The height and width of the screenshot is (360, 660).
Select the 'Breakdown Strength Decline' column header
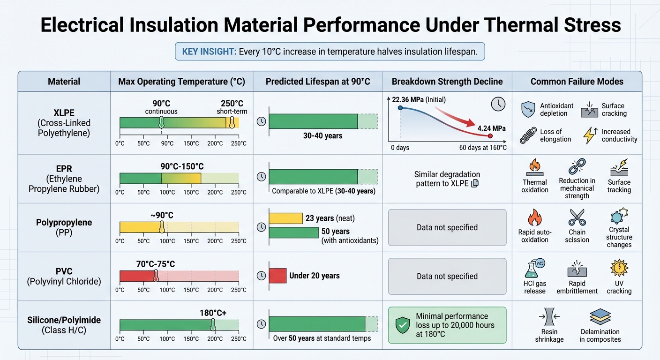[447, 82]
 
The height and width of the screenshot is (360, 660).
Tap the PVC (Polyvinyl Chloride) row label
[64, 276]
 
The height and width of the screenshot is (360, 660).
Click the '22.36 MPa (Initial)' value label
[419, 99]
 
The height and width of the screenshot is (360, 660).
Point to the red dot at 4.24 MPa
[490, 136]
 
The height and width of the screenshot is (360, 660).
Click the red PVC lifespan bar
[277, 276]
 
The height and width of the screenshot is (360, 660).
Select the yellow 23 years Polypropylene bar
[286, 218]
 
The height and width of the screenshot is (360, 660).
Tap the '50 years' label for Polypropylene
[335, 231]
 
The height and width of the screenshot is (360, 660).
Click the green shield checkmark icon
[402, 325]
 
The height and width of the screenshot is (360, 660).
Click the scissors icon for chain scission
[577, 217]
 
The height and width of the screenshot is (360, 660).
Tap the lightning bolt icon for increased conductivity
[589, 135]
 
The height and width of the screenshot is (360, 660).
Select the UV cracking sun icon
[619, 268]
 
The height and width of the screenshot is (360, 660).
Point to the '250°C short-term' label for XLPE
[232, 107]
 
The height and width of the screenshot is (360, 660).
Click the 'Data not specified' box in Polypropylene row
[447, 227]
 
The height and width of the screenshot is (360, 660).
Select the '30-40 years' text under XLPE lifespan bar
[323, 136]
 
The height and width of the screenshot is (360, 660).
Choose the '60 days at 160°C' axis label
[483, 148]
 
